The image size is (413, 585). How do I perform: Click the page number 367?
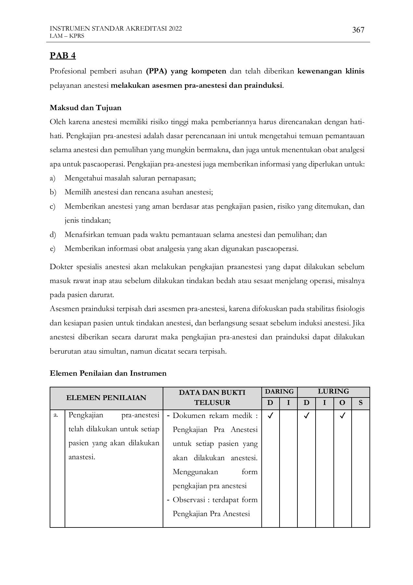coord(358,30)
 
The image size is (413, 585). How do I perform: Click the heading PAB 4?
coord(63,56)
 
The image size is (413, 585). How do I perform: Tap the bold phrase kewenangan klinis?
coord(331,71)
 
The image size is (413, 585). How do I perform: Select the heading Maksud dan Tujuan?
coord(85,108)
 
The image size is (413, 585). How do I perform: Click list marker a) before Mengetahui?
coord(53,178)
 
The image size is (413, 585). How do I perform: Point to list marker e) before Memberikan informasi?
coord(53,249)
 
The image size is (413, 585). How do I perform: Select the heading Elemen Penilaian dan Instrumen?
coord(108,373)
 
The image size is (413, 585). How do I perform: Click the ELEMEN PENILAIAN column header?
coord(106,398)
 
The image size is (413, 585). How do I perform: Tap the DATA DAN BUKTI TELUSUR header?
coord(212,397)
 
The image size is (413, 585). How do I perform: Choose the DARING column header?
coord(279,392)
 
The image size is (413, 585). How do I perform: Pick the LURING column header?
coord(333,392)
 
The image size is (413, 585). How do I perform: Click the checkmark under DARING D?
coord(270,415)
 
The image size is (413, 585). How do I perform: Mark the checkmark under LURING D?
coord(306,415)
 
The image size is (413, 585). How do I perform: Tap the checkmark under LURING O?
coord(342,415)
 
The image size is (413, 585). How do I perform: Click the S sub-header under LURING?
coord(360,403)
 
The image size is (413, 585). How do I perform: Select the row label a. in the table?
coord(56,415)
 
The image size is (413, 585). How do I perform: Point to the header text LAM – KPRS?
coord(67,36)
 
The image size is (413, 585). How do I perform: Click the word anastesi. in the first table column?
coord(82,457)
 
